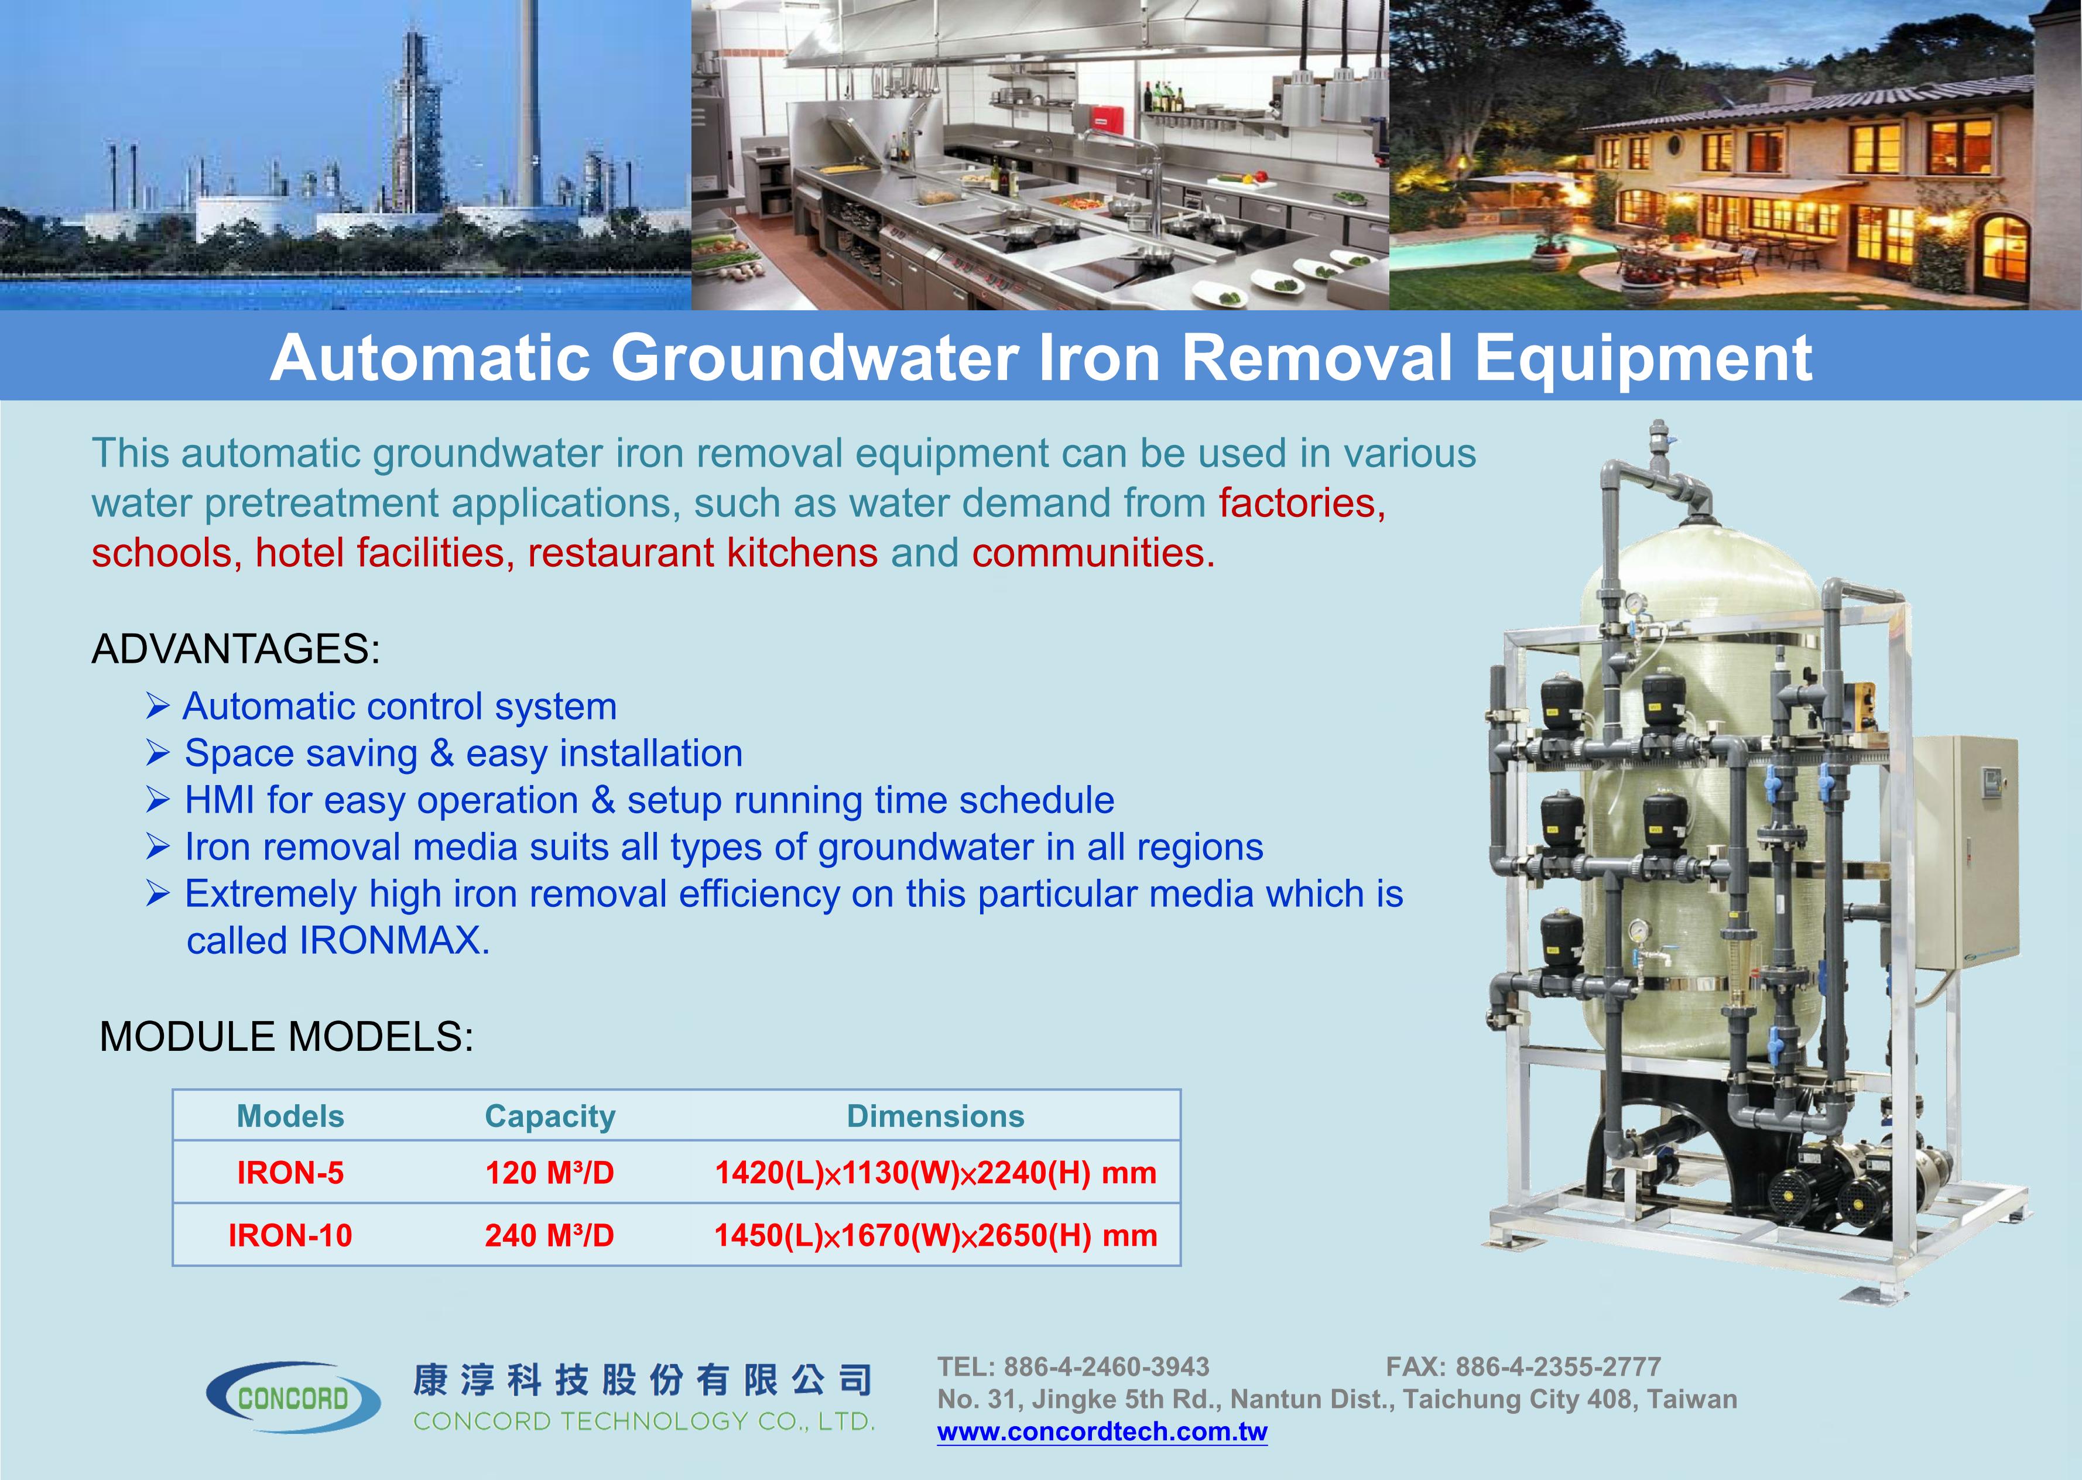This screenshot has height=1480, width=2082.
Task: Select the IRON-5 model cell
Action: [290, 1172]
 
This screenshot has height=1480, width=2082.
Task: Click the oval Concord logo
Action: [293, 1397]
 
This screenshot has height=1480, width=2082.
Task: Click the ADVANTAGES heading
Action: [236, 649]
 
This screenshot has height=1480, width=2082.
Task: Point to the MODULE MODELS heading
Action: [287, 1037]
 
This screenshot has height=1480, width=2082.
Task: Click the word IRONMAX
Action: [395, 940]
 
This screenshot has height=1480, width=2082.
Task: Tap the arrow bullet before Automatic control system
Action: [157, 705]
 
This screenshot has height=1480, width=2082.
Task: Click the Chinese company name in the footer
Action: [642, 1380]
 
